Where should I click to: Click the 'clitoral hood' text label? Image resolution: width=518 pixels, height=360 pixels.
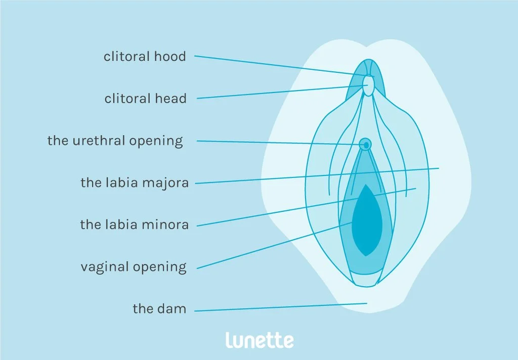point(145,57)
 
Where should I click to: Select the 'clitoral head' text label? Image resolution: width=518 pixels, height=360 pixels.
point(145,99)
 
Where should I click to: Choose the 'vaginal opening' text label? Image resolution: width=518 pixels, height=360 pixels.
point(134,266)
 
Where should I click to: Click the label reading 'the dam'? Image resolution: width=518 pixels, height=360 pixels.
point(159,308)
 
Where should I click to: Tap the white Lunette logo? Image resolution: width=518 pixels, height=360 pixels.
point(259,340)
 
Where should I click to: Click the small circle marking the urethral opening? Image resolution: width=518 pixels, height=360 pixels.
point(365,145)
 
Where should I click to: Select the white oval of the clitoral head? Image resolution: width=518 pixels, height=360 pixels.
point(370,85)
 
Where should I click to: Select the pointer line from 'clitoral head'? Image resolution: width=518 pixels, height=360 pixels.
point(278,92)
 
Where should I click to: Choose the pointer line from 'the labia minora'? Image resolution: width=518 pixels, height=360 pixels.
point(304,207)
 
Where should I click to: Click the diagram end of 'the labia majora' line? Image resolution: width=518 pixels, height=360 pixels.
point(438,168)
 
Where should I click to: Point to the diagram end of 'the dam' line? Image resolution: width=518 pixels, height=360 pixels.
point(366,303)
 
